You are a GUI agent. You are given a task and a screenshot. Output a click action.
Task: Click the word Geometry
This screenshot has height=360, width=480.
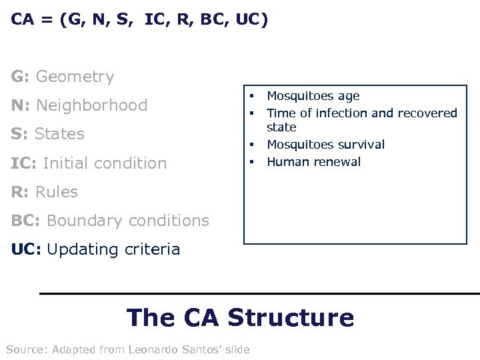coord(75,77)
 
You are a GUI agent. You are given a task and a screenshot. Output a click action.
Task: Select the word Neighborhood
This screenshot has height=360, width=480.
coord(91,105)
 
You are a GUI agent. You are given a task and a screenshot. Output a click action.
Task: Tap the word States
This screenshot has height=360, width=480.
coord(59,134)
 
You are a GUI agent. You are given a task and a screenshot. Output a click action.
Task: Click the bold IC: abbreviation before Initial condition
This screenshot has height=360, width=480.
coord(24,163)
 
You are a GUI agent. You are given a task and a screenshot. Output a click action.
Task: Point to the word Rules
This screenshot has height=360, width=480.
coord(56,192)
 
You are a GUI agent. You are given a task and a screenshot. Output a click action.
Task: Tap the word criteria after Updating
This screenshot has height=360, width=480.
coord(152,250)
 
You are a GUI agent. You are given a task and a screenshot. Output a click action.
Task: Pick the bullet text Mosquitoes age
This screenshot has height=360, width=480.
coord(313,97)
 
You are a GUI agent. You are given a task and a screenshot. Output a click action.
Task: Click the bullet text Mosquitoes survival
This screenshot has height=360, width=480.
coord(325,145)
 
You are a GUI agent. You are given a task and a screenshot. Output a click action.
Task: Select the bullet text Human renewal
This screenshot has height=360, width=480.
coord(313,162)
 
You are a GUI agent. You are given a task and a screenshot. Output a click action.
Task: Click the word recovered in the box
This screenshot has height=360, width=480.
coord(426,113)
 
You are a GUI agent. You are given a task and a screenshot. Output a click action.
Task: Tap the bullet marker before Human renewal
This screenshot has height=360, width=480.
coord(253,162)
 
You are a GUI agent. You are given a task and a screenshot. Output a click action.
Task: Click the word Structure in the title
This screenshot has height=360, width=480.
coord(291,317)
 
